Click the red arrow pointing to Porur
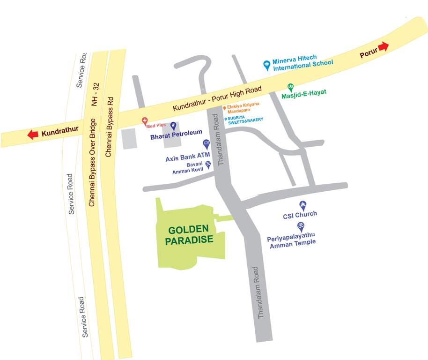click(x=384, y=46)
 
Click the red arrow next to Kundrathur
click(x=33, y=135)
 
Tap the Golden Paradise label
click(x=191, y=234)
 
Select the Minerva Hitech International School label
click(x=303, y=64)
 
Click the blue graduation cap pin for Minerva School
click(x=266, y=65)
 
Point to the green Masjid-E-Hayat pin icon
click(x=290, y=87)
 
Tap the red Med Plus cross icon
click(x=145, y=120)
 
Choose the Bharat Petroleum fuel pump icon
click(x=173, y=126)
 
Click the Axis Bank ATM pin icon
click(x=206, y=143)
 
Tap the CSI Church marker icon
click(x=303, y=205)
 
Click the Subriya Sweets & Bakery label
click(x=245, y=120)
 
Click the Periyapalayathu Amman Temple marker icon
click(x=302, y=226)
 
